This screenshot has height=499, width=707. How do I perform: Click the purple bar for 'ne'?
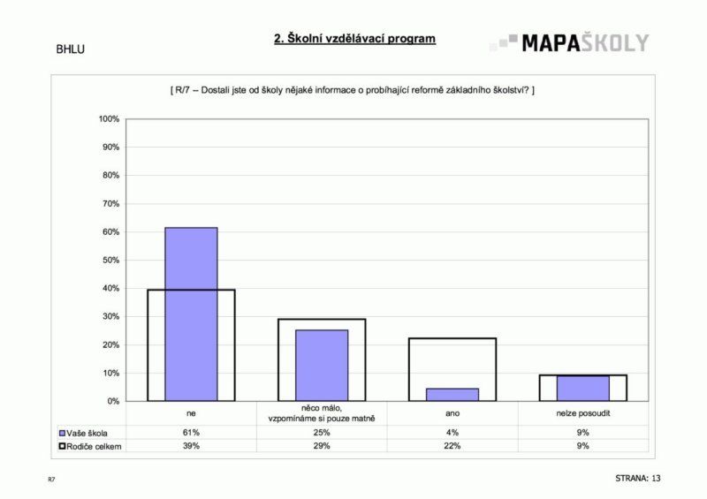pos(191,314)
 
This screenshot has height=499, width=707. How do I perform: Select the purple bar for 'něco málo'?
pos(322,365)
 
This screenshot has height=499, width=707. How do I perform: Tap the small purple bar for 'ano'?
pos(452,395)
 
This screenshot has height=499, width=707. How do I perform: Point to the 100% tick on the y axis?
pos(109,119)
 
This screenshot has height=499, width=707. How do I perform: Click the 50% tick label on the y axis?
pos(110,261)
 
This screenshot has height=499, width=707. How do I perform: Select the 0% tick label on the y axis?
pos(113,402)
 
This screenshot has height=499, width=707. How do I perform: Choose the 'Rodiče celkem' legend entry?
pos(91,446)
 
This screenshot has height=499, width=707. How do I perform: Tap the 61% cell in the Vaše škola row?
pos(191,433)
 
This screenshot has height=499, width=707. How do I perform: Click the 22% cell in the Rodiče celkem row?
pos(452,446)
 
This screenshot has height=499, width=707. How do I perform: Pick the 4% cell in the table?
pos(452,433)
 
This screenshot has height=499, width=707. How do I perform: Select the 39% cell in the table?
pos(191,446)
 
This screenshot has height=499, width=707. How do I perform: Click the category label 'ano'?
pos(452,412)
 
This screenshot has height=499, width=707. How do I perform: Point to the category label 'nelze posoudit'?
pos(582,412)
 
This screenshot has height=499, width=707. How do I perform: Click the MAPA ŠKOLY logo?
pos(570,42)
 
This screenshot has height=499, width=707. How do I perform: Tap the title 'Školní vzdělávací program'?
pos(354,40)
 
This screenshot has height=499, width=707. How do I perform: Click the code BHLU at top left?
pos(70,49)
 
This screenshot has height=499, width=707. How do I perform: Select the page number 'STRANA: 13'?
pos(638,478)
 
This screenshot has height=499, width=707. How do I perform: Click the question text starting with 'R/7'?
pos(351,90)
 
